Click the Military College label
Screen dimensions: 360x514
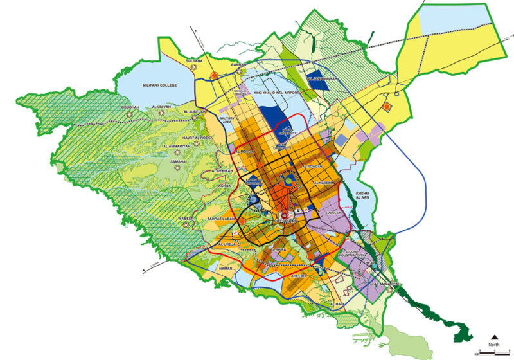[159, 85]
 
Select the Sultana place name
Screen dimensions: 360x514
[194, 61]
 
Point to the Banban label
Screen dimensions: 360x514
[238, 64]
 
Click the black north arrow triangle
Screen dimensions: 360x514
[495, 336]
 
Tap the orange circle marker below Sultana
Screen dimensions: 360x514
[213, 77]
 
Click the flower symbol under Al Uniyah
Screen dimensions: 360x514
[161, 114]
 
